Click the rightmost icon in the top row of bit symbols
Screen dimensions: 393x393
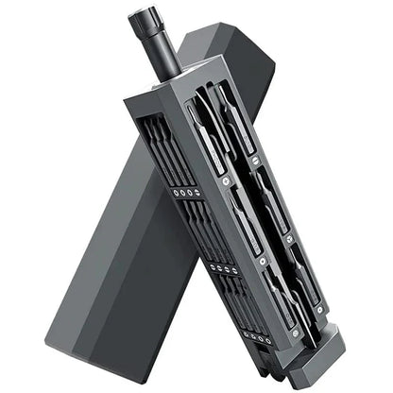click(x=198, y=195)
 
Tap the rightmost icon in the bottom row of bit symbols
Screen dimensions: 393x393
click(x=271, y=338)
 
